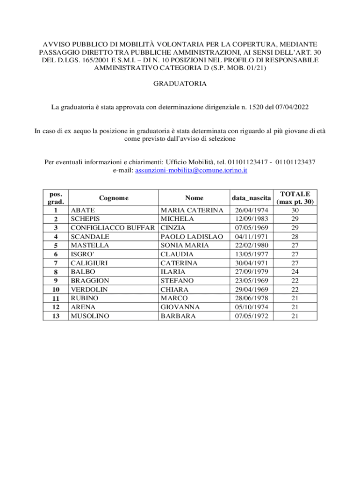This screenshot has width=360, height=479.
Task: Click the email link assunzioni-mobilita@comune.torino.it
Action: point(191,171)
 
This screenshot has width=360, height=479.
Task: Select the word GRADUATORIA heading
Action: point(180,84)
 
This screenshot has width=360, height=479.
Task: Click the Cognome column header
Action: point(114,197)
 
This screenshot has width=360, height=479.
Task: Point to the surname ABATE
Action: point(83,210)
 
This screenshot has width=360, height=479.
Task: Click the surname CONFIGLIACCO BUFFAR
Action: point(112,228)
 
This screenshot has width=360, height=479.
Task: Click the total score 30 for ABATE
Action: point(295,210)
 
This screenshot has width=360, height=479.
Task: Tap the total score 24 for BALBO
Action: point(295,272)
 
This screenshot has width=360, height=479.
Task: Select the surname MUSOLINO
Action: point(89,316)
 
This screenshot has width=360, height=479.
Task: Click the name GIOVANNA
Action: point(180,307)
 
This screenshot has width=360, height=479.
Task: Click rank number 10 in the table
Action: point(56,290)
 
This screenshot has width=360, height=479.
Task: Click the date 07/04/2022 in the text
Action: point(292,107)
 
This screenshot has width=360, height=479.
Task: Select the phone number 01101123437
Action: point(295,162)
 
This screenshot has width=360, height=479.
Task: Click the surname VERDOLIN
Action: point(89,290)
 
